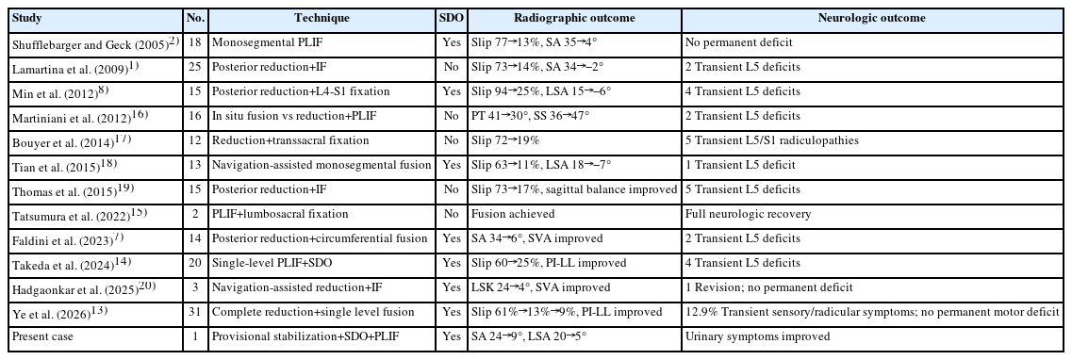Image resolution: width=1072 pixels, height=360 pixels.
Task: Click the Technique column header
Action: pyautogui.click(x=322, y=19)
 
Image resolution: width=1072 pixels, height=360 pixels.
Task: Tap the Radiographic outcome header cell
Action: pyautogui.click(x=574, y=19)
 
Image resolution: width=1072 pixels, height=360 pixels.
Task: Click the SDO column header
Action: pyautogui.click(x=452, y=19)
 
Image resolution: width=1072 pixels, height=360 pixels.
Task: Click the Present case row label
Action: pyautogui.click(x=42, y=336)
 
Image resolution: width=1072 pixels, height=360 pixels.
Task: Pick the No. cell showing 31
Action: pyautogui.click(x=195, y=312)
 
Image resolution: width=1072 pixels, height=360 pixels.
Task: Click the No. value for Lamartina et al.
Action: pyautogui.click(x=195, y=67)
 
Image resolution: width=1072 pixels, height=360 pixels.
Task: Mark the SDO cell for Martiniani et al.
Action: pyautogui.click(x=452, y=116)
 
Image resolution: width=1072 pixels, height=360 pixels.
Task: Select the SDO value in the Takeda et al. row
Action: pyautogui.click(x=452, y=263)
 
